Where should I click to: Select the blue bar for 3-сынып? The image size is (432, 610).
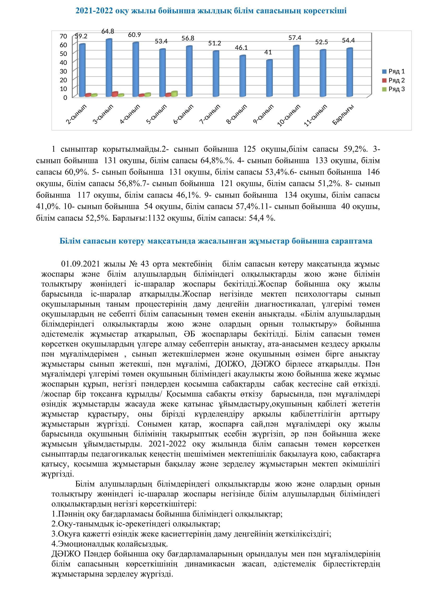[109, 68]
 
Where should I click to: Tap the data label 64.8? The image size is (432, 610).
[108, 31]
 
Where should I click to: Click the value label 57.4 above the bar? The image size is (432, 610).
[295, 38]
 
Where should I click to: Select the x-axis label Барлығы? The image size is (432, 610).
[343, 114]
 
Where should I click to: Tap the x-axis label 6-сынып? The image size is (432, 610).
[183, 114]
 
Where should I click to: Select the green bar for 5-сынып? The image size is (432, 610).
[174, 94]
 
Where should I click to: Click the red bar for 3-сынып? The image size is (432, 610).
[115, 94]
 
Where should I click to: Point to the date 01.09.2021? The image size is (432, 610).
[81, 264]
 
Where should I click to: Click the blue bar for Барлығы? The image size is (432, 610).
[349, 73]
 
